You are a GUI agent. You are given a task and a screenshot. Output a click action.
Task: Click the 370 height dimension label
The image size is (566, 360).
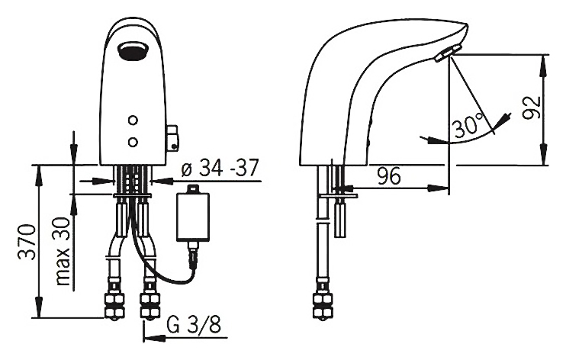27,242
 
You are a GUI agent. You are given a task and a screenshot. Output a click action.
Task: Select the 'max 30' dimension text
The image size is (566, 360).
63,252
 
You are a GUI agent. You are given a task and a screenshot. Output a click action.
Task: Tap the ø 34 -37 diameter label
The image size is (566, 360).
220,168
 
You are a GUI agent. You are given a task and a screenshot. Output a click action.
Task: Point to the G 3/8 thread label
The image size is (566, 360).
194,325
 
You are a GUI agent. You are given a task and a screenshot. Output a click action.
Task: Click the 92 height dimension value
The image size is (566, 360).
532,108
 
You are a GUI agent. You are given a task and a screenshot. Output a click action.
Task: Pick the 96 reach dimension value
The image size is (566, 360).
389,176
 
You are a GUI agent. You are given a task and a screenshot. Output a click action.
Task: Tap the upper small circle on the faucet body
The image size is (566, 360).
133,121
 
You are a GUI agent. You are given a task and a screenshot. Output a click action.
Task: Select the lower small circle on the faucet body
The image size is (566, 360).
133,142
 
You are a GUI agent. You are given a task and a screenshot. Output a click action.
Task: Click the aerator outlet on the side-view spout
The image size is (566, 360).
448,53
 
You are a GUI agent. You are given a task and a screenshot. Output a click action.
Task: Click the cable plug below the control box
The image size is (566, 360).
193,255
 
